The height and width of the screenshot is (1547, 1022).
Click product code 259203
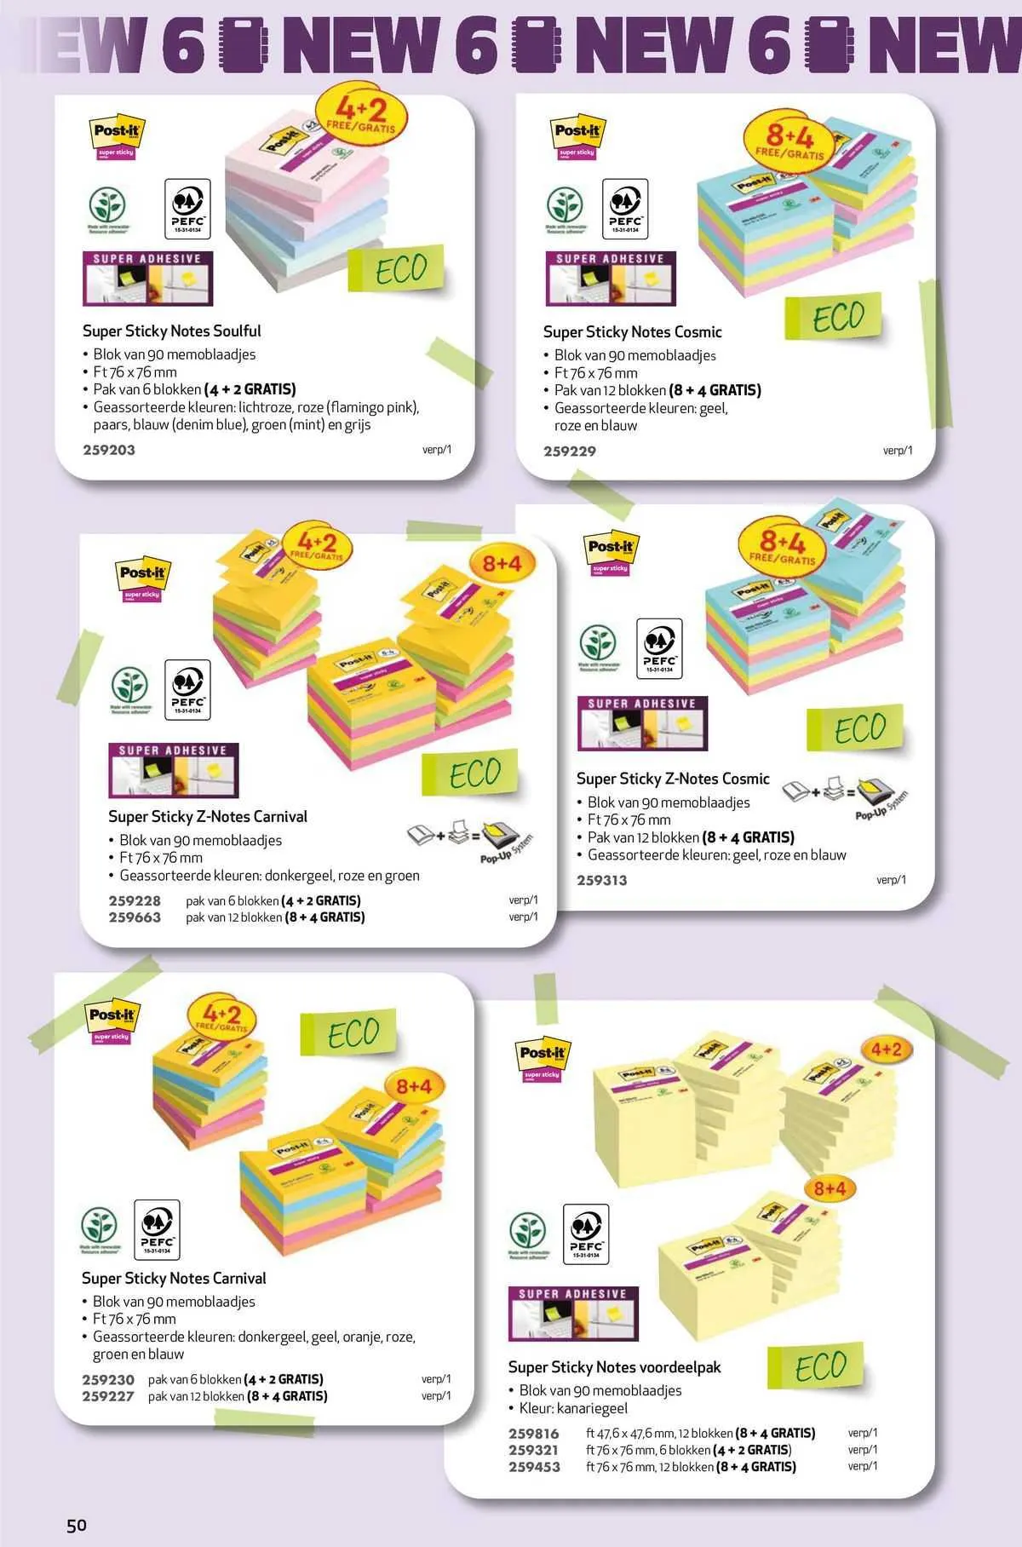tap(109, 450)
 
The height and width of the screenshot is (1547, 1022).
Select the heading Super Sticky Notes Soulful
tap(171, 331)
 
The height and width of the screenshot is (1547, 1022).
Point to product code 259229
tap(570, 451)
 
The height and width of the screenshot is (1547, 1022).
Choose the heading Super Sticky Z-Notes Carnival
tap(208, 816)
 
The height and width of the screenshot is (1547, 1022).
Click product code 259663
tap(135, 917)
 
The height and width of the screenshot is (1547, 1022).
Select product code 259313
tap(601, 880)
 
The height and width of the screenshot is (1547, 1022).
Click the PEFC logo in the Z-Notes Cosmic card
tap(659, 648)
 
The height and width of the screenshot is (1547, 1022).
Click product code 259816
tap(534, 1433)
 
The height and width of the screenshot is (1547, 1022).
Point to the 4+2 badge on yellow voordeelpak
tap(886, 1049)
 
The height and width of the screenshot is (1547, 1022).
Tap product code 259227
tap(108, 1396)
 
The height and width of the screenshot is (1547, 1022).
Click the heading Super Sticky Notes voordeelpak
tap(614, 1366)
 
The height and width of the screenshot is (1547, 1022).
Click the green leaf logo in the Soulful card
tap(108, 207)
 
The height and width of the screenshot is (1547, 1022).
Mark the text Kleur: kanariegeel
tap(573, 1408)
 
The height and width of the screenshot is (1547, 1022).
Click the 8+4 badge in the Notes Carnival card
tap(414, 1087)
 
